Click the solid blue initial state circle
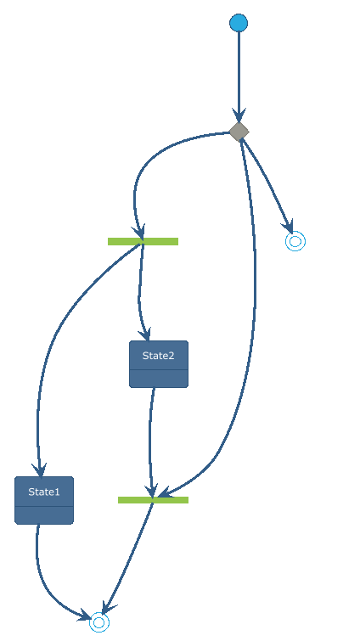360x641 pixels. pyautogui.click(x=239, y=22)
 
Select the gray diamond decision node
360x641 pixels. pyautogui.click(x=239, y=132)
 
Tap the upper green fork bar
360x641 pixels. pyautogui.click(x=143, y=241)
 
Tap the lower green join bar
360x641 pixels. pyautogui.click(x=153, y=500)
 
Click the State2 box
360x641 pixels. pyautogui.click(x=159, y=364)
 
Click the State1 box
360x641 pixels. pyautogui.click(x=44, y=500)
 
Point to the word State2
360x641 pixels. pyautogui.click(x=159, y=356)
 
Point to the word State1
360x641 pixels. pyautogui.click(x=44, y=492)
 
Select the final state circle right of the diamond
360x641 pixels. pyautogui.click(x=295, y=241)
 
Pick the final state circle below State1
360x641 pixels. pyautogui.click(x=99, y=622)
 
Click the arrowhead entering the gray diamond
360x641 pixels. pyautogui.click(x=239, y=115)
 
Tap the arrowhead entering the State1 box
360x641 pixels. pyautogui.click(x=39, y=470)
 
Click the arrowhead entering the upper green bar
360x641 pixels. pyautogui.click(x=139, y=232)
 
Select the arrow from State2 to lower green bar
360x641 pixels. pyautogui.click(x=150, y=441)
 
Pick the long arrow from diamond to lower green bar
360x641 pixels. pyautogui.click(x=254, y=311)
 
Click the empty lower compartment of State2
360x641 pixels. pyautogui.click(x=159, y=379)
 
